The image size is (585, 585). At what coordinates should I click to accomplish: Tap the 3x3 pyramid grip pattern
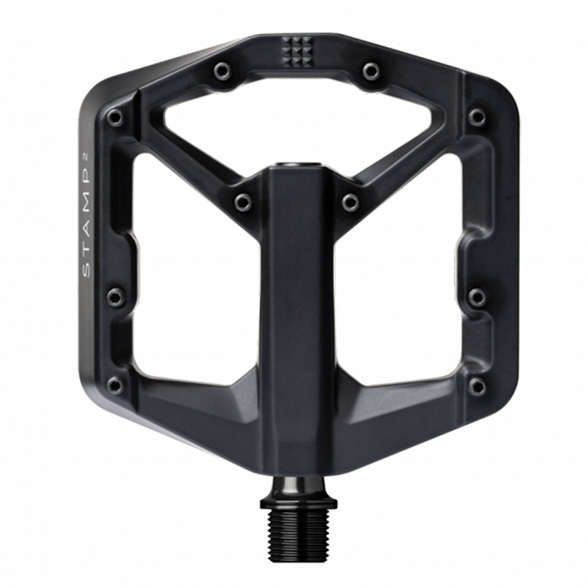[296, 51]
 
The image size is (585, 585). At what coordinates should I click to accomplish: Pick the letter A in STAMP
[86, 232]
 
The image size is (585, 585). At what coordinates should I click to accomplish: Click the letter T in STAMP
[86, 253]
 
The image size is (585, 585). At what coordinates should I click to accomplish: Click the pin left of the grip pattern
[222, 71]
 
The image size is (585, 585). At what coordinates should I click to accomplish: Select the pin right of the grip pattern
[371, 71]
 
